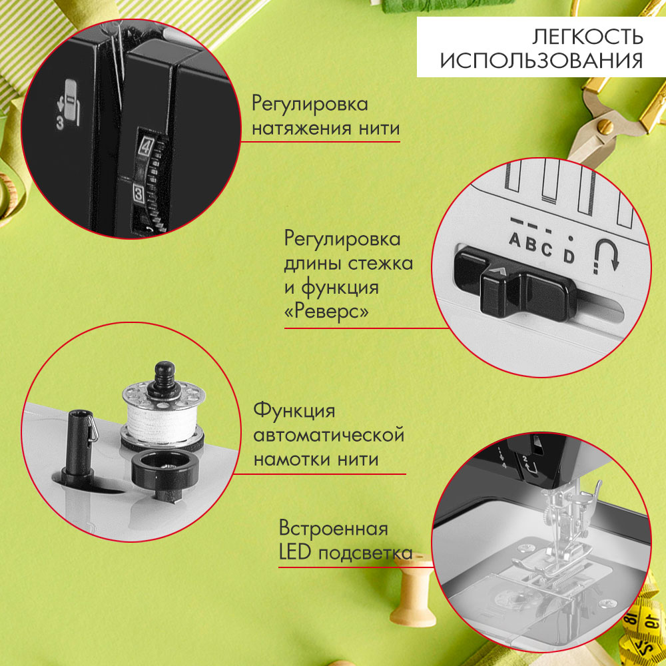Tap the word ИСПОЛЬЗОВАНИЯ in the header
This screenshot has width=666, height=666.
pos(541,60)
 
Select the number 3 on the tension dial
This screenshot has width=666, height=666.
pos(139,194)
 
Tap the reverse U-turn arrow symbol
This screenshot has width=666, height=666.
pos(607,255)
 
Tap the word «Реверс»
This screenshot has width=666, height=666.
pos(326,312)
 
